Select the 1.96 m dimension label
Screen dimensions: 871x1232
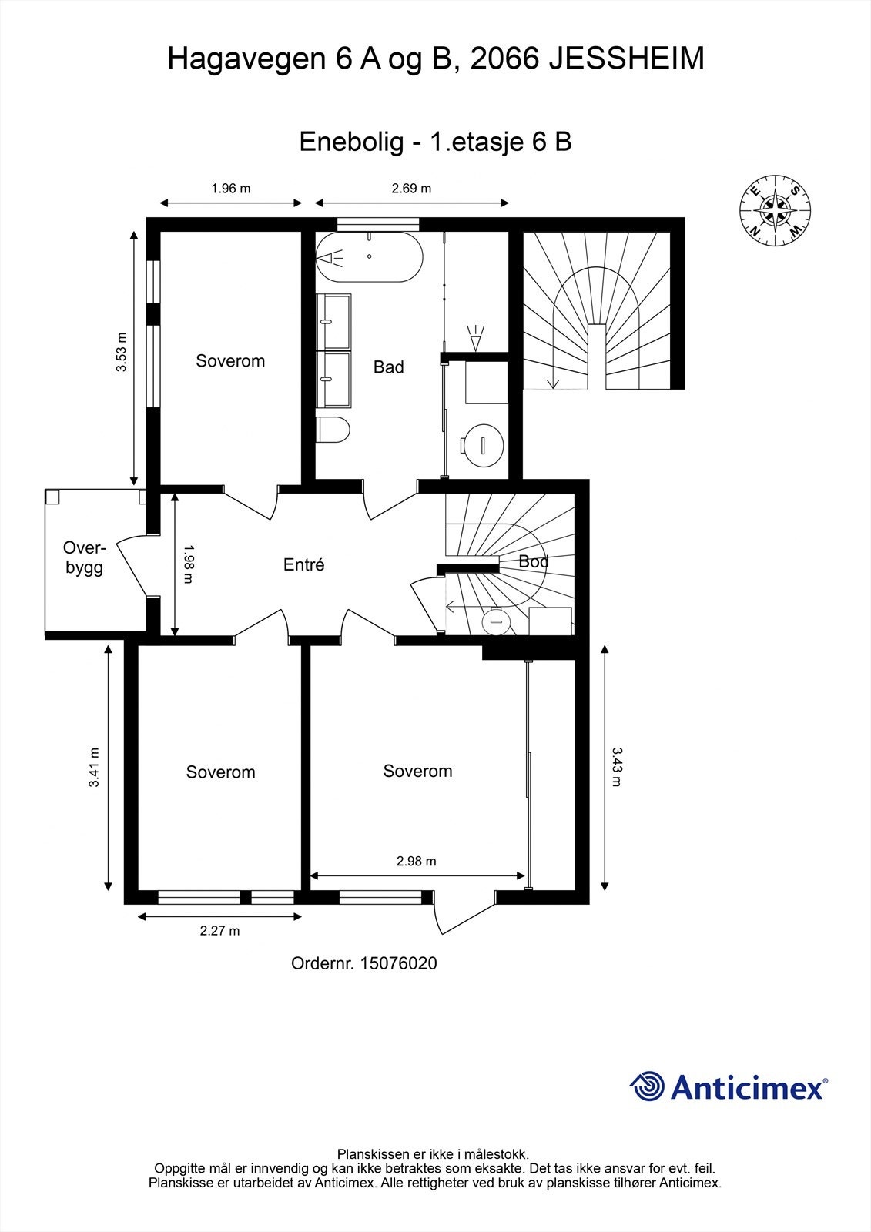[x=230, y=189]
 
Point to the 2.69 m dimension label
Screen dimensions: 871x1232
[x=411, y=189]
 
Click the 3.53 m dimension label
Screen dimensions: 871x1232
[x=121, y=352]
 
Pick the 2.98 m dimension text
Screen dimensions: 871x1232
[x=417, y=862]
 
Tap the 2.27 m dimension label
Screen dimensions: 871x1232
[x=219, y=931]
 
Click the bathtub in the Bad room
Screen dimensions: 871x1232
[x=369, y=257]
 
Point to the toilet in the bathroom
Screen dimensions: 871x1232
[x=333, y=429]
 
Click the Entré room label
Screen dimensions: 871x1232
[x=303, y=564]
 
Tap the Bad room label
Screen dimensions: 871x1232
[x=388, y=367]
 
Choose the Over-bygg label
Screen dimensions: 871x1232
[x=84, y=557]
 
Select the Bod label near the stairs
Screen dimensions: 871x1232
[x=534, y=561]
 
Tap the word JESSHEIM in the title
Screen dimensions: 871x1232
[x=627, y=59]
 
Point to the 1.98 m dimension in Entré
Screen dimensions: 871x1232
[x=188, y=564]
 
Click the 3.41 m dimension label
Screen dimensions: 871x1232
[x=94, y=767]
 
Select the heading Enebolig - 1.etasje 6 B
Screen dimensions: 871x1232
[x=435, y=142]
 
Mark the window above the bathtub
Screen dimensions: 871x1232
[x=378, y=224]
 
